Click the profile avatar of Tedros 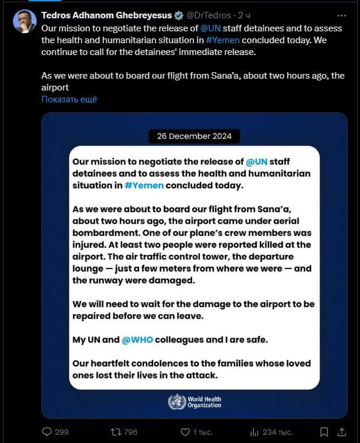point(24,21)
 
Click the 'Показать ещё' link point(69,99)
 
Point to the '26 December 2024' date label point(194,136)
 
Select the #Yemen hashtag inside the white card point(143,185)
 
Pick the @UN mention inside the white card point(258,161)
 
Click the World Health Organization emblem point(177,402)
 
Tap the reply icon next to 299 point(47,432)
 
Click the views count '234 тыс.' point(276,432)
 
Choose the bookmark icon point(323,432)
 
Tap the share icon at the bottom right point(342,432)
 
